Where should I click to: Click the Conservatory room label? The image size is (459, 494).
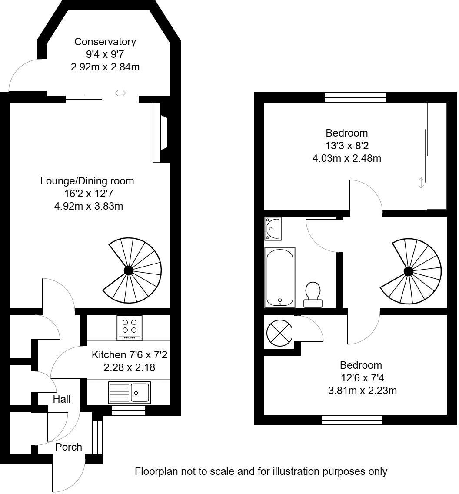(x=105, y=42)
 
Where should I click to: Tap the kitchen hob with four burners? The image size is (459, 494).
(x=129, y=327)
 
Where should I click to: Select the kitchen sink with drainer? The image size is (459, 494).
(x=129, y=392)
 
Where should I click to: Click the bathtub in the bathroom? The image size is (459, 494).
(x=280, y=277)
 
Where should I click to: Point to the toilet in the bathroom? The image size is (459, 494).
(x=313, y=294)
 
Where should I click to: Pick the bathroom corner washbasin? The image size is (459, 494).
(x=273, y=228)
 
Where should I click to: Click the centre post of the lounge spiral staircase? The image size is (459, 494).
(x=128, y=270)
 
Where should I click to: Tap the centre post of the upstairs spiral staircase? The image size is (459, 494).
(x=408, y=272)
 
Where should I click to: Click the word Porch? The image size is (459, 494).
(x=69, y=447)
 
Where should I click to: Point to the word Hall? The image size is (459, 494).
(x=62, y=399)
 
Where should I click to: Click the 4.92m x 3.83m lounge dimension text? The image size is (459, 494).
(x=87, y=206)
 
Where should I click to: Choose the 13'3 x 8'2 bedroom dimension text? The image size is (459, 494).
(x=346, y=146)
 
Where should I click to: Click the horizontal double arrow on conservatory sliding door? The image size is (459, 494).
(x=120, y=93)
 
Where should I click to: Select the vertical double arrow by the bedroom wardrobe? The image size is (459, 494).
(x=420, y=183)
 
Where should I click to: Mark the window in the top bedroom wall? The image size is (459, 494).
(x=356, y=97)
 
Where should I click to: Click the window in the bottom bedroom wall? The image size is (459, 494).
(x=352, y=420)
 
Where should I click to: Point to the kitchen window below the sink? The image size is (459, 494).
(x=128, y=411)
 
